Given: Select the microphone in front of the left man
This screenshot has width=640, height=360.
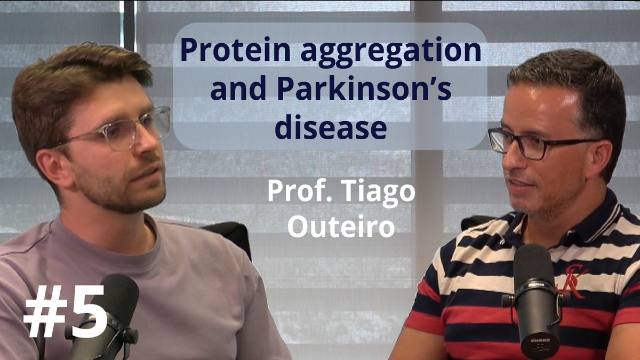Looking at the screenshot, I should tap(107, 315).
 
